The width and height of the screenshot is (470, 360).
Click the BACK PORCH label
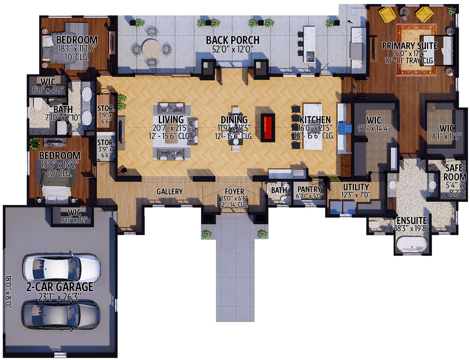(x=233, y=40)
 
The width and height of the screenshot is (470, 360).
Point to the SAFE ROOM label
(x=455, y=172)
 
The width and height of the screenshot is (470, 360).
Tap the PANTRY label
(x=309, y=189)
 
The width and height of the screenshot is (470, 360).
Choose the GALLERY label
(x=170, y=192)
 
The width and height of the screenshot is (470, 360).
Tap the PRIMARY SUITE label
(x=409, y=45)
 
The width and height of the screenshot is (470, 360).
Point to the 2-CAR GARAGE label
(x=59, y=287)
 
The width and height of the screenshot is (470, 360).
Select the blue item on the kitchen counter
(x=344, y=128)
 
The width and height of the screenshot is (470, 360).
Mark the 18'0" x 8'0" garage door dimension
(x=10, y=292)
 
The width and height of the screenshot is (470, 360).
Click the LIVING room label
(x=171, y=120)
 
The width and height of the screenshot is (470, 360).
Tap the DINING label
(x=234, y=120)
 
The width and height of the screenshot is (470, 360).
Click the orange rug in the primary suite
(x=416, y=49)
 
